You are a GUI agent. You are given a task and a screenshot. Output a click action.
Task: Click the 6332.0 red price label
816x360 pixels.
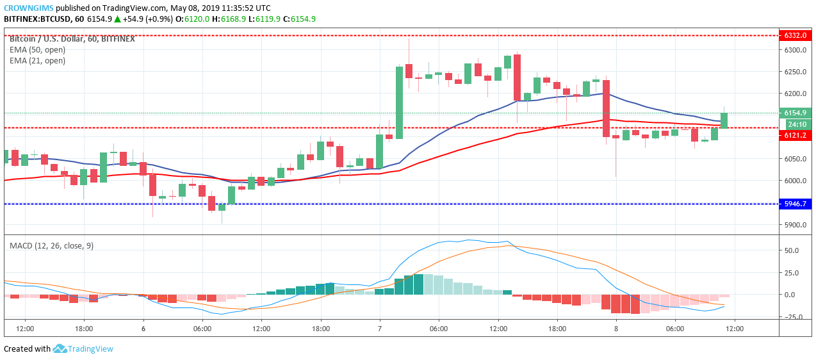pyautogui.click(x=795, y=35)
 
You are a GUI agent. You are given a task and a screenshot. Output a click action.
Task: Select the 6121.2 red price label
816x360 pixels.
pyautogui.click(x=795, y=135)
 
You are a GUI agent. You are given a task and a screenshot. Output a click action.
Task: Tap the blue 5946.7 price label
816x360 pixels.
pyautogui.click(x=795, y=204)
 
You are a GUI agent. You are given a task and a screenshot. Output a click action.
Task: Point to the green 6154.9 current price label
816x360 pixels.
pyautogui.click(x=795, y=113)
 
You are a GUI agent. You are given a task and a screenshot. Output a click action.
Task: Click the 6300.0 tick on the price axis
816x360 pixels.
pyautogui.click(x=794, y=50)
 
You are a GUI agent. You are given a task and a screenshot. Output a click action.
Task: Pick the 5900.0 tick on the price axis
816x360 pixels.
pyautogui.click(x=794, y=225)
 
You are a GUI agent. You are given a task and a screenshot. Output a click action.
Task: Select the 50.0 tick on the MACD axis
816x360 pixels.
pyautogui.click(x=790, y=250)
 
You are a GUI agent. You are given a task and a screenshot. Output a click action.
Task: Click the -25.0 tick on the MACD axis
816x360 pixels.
pyautogui.click(x=790, y=317)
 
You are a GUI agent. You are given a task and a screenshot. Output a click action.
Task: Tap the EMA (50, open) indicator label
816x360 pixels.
pyautogui.click(x=37, y=49)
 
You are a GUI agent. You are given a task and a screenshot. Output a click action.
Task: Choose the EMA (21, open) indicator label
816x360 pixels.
pyautogui.click(x=37, y=61)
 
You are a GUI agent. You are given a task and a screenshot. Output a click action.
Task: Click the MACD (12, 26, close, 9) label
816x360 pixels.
pyautogui.click(x=51, y=245)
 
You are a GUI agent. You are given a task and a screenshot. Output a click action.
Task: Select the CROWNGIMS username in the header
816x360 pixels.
pyautogui.click(x=28, y=8)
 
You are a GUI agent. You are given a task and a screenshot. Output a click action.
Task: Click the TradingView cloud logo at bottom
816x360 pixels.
pyautogui.click(x=60, y=348)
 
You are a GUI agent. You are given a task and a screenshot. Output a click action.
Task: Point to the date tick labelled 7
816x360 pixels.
pyautogui.click(x=380, y=329)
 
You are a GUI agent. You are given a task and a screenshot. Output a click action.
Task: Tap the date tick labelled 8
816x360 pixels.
pyautogui.click(x=616, y=329)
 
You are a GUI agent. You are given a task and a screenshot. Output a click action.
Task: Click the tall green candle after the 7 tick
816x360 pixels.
pyautogui.click(x=399, y=102)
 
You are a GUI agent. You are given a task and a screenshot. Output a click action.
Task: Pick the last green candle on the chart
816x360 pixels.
pyautogui.click(x=724, y=120)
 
